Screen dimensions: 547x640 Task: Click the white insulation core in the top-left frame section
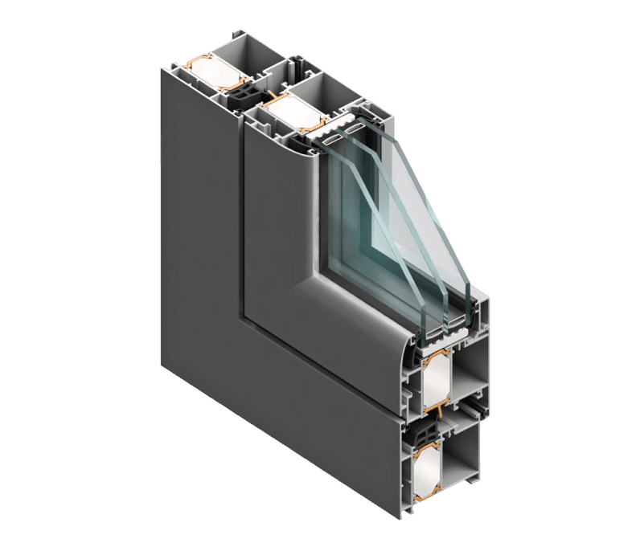(x=210, y=68)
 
